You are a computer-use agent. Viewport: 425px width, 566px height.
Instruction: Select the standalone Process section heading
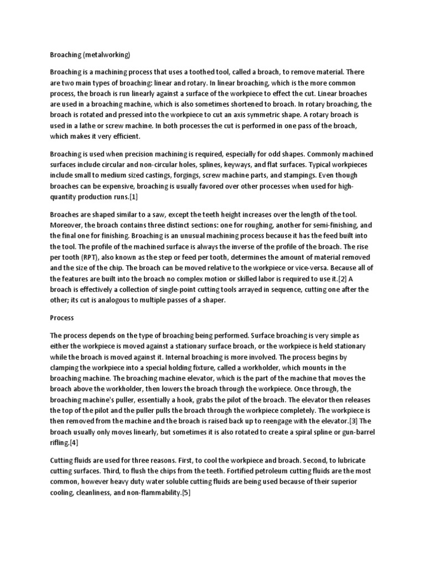click(x=62, y=319)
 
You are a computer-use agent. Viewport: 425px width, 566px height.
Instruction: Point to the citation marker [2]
click(x=344, y=279)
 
